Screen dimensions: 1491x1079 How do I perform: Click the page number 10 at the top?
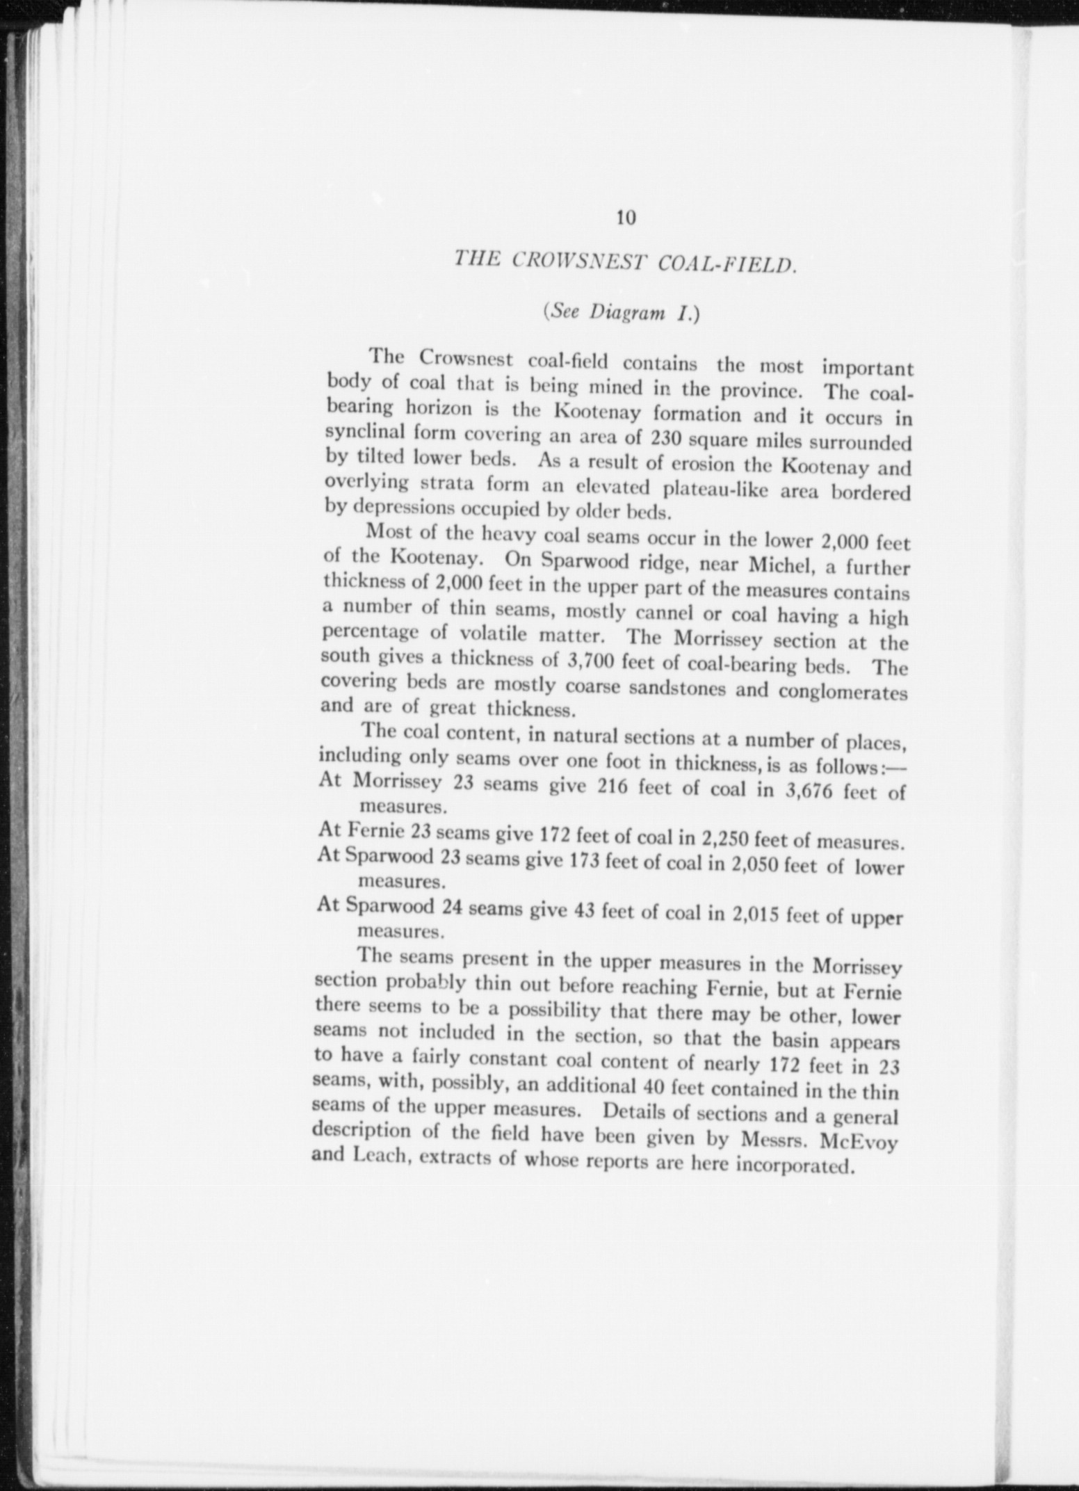pos(625,218)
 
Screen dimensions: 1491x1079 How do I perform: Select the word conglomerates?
pos(843,693)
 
